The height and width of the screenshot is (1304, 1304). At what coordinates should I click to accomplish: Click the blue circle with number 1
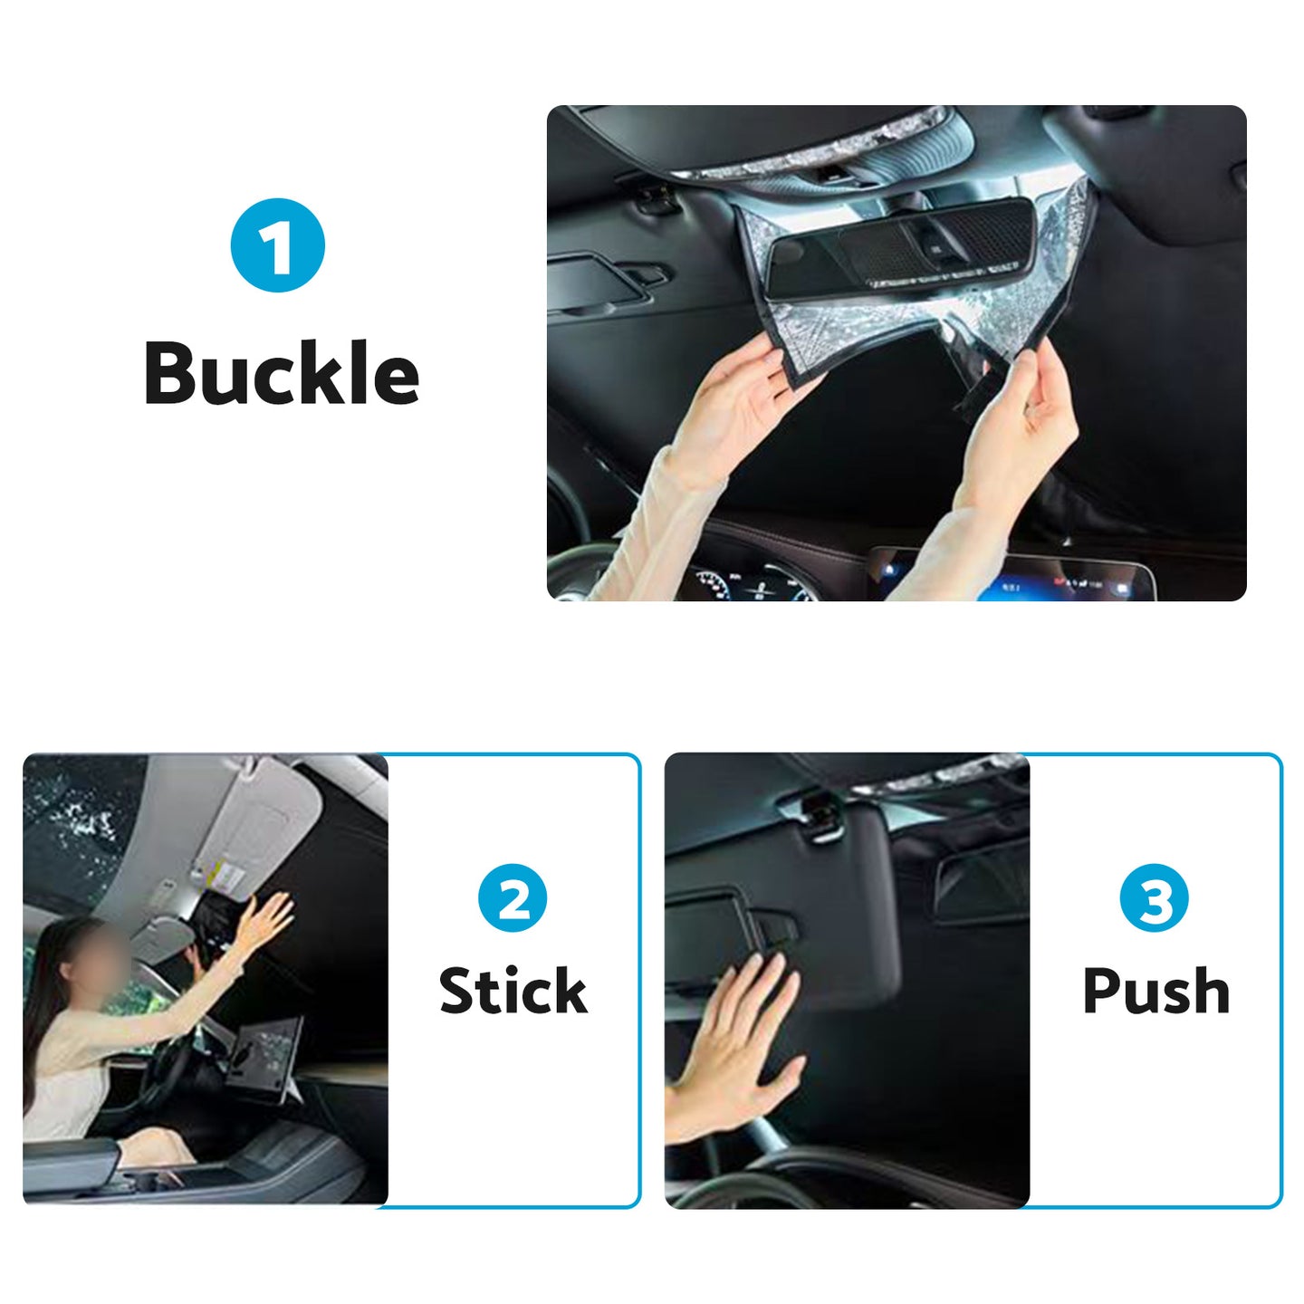(x=278, y=245)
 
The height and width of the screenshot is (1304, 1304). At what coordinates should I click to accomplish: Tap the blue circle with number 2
(x=513, y=898)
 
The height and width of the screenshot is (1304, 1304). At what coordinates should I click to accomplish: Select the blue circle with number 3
(x=1155, y=898)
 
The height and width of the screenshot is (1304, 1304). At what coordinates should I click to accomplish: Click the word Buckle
(x=282, y=373)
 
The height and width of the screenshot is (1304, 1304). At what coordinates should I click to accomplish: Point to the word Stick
(x=513, y=991)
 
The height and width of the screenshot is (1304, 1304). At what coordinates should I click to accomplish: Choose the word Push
(x=1155, y=991)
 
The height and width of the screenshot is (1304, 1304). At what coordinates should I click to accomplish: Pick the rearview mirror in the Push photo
(x=983, y=883)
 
